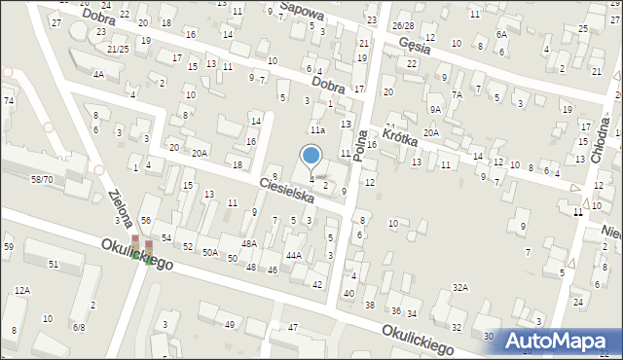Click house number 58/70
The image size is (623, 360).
tap(42, 180)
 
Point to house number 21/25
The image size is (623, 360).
tap(118, 48)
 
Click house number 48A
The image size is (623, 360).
tap(249, 243)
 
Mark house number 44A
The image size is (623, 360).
tap(293, 255)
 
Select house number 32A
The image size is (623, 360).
tap(460, 287)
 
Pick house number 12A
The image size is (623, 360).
tap(21, 290)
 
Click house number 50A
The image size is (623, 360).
tap(210, 252)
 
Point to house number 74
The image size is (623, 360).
tap(8, 100)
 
